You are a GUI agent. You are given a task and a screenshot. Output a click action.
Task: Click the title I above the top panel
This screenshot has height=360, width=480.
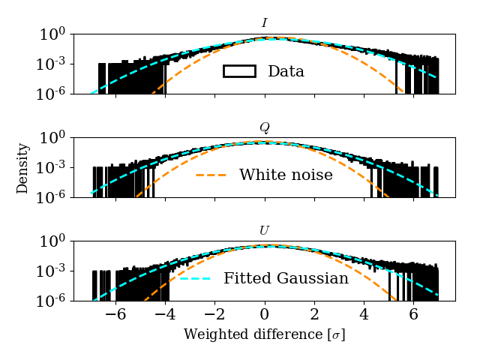[264, 24]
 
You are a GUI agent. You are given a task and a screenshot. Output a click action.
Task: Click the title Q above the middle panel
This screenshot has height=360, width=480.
[264, 127]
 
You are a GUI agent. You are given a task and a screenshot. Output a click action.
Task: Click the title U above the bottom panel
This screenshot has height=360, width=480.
[264, 231]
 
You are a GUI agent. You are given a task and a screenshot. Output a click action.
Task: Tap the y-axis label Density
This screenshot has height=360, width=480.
[23, 168]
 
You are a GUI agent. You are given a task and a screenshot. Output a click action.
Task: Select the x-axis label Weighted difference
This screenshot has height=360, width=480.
[264, 334]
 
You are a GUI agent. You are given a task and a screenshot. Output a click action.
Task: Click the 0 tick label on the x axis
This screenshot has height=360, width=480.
[265, 315]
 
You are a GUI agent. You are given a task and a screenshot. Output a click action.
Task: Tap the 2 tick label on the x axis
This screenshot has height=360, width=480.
[314, 315]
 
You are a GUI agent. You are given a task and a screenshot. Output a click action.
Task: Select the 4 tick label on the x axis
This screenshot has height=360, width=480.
[364, 315]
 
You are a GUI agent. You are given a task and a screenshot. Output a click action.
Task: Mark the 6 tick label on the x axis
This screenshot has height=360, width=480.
[413, 315]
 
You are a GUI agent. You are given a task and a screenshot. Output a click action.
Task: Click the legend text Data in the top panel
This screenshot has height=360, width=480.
[286, 72]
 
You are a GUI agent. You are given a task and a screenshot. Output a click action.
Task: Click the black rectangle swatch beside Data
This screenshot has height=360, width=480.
[239, 71]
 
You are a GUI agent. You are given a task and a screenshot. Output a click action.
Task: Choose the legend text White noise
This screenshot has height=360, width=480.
[286, 175]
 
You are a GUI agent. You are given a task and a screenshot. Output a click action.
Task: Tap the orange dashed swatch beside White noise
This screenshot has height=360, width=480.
[211, 175]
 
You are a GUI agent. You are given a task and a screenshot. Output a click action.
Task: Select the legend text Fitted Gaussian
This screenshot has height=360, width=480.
[286, 279]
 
